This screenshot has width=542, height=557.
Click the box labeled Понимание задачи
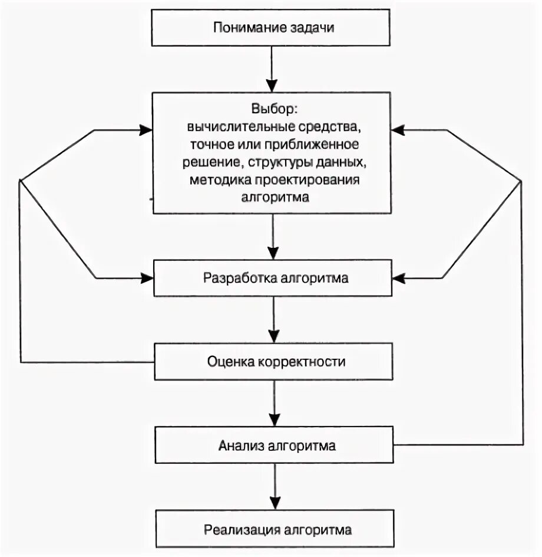pos(270,28)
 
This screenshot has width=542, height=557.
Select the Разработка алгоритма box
pos(273,278)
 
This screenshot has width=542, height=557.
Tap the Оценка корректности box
pos(273,362)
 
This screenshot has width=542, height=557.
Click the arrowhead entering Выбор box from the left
pos(146,130)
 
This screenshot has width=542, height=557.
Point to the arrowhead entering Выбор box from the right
pos(399,130)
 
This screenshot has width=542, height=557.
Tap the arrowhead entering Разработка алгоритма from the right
pos(399,277)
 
